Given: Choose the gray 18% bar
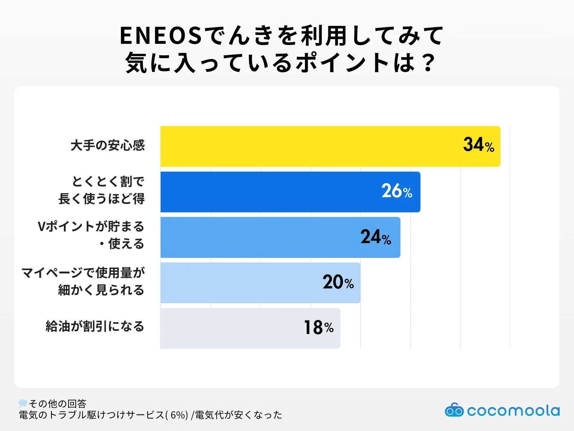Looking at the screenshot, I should [x=233, y=328].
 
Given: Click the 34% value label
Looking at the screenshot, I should [x=479, y=145].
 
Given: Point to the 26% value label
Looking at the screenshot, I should [x=397, y=191].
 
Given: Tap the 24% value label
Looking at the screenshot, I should [x=376, y=237].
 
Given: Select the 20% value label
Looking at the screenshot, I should [x=338, y=282].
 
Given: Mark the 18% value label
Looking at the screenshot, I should [x=319, y=328].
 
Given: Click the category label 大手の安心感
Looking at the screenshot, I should [x=108, y=145].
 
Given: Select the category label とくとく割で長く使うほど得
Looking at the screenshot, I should [x=102, y=190].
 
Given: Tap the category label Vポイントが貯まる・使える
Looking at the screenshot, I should [x=91, y=235].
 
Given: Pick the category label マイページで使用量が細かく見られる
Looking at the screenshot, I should [x=83, y=281].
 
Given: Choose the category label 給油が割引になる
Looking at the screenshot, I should [x=95, y=326].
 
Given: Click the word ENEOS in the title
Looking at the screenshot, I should [x=161, y=36].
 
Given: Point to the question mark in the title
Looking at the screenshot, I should [x=428, y=63].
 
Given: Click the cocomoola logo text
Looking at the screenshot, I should [x=513, y=411].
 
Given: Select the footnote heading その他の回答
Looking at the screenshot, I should [x=57, y=404].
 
